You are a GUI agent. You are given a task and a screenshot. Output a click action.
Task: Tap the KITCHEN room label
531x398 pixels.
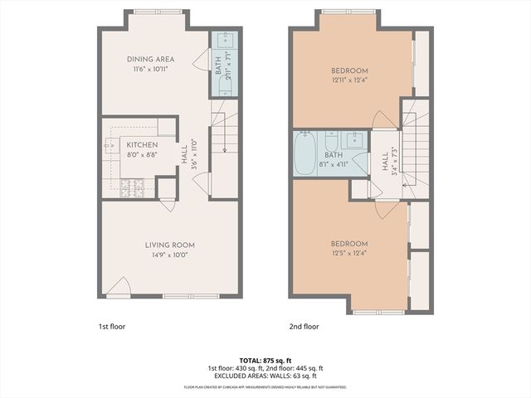142,144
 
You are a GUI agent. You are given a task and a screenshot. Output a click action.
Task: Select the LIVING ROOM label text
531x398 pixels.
169,245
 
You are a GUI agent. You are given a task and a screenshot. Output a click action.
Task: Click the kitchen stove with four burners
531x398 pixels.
132,188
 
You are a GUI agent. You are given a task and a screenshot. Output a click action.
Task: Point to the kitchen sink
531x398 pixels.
110,146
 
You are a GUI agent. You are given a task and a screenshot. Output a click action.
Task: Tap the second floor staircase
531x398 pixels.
416,149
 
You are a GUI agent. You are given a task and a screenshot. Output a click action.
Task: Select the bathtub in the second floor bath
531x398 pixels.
305,151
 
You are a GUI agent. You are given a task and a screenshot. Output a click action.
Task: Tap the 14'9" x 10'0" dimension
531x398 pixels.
169,255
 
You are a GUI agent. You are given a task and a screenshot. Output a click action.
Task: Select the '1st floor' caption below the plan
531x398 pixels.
112,327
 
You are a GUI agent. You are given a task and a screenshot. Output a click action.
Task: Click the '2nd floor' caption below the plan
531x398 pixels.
304,327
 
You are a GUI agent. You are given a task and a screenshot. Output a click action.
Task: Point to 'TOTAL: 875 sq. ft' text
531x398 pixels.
265,359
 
